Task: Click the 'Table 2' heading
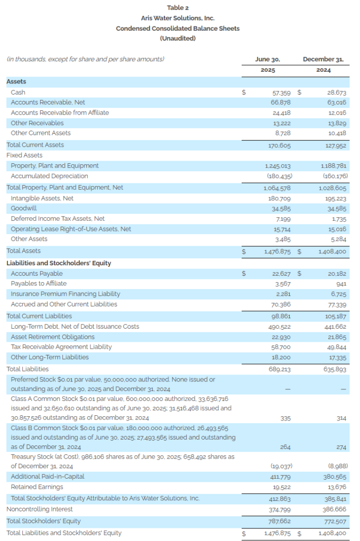(x=178, y=7)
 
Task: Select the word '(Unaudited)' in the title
(x=178, y=38)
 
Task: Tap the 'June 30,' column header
(x=267, y=59)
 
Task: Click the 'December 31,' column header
(x=323, y=59)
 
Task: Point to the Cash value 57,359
(x=281, y=93)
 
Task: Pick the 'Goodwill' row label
(x=24, y=208)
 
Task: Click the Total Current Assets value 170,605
(x=279, y=146)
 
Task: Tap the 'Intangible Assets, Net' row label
(x=42, y=198)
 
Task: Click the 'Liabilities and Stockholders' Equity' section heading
(x=59, y=263)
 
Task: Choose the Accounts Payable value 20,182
(x=337, y=274)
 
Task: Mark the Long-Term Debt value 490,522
(x=279, y=327)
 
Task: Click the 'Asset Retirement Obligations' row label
(x=53, y=337)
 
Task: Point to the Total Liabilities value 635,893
(x=335, y=369)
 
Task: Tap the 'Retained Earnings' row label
(x=37, y=487)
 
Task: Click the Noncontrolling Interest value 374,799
(x=280, y=510)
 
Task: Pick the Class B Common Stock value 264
(x=285, y=447)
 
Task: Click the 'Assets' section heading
(x=16, y=81)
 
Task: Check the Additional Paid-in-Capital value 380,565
(x=335, y=477)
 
